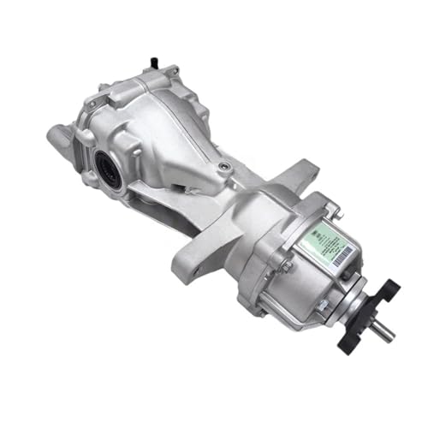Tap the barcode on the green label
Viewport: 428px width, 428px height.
point(342,249)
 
